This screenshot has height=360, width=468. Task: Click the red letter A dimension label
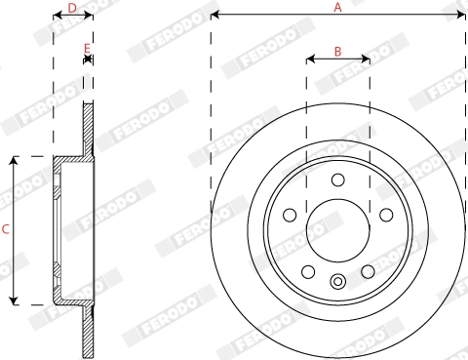click(337, 8)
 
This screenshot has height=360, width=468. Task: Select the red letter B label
click(337, 51)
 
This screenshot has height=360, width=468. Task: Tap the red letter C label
click(6, 230)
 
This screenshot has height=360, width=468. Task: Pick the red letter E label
click(88, 48)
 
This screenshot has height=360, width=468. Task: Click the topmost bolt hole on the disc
click(337, 180)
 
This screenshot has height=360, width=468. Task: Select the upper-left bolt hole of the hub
click(290, 215)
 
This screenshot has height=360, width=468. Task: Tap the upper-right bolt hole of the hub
click(385, 215)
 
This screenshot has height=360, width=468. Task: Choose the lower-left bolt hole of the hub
click(308, 271)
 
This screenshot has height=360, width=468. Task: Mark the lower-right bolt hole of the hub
click(368, 271)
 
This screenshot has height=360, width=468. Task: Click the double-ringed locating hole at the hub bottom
click(337, 283)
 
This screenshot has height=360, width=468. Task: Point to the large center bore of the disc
click(337, 230)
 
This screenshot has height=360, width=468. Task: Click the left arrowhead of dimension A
click(214, 16)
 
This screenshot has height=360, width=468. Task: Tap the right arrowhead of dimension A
click(461, 16)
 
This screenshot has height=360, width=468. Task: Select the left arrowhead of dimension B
click(309, 60)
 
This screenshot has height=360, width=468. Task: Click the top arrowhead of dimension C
click(14, 160)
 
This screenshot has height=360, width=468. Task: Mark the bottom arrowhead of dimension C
click(14, 300)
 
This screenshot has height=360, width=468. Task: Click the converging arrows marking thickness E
click(88, 60)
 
